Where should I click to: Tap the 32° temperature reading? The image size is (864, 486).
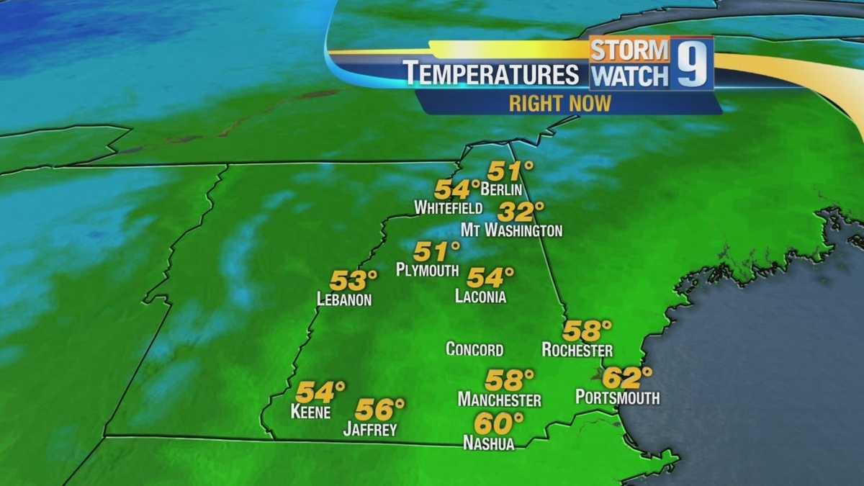(520, 212)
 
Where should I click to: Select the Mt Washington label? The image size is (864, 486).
(511, 230)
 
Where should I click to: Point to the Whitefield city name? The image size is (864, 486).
(448, 208)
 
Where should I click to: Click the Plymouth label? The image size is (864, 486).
(427, 270)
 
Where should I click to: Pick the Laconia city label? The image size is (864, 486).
(480, 296)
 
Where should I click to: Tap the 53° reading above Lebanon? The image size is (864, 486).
(354, 280)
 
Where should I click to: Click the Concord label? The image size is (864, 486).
(474, 350)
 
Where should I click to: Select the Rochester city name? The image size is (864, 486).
(577, 350)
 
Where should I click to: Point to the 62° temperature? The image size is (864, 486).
(626, 377)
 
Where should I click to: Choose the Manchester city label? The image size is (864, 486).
(499, 400)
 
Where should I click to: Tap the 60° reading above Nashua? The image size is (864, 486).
(498, 423)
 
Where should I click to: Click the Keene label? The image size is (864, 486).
(310, 413)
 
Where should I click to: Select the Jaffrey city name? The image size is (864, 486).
(370, 430)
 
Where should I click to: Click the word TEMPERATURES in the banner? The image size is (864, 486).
(491, 74)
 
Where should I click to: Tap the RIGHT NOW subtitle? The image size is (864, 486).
(559, 103)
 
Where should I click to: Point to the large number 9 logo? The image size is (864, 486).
(692, 63)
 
